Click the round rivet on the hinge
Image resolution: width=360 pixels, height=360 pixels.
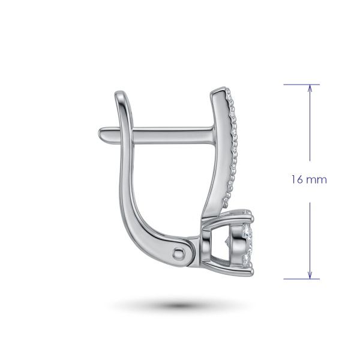[179, 254]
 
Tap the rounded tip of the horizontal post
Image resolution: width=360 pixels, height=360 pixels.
[100, 133]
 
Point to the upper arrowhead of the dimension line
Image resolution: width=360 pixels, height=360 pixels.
[310, 88]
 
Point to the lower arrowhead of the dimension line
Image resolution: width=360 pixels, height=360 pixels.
[310, 275]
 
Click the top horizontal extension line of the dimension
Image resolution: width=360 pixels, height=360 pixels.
[301, 85]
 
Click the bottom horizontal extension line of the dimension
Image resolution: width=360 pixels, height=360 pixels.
[301, 279]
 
